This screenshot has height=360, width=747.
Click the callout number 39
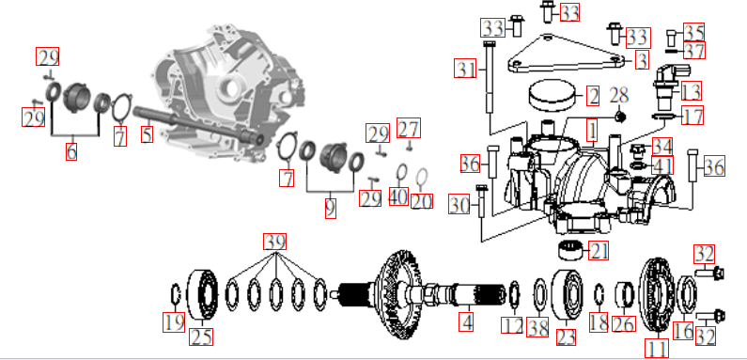275,242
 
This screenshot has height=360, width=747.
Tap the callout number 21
599,251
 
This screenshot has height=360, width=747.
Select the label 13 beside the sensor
692,90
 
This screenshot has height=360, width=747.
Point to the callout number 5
148,134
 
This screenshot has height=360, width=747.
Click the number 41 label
662,165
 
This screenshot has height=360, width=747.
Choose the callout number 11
657,348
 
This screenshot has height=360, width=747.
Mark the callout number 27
409,128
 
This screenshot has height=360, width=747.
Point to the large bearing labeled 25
202,294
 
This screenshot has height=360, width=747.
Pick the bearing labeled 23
567,293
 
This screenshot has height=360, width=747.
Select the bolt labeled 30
480,205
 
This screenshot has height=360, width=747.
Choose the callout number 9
331,208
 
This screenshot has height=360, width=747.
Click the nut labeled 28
619,116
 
